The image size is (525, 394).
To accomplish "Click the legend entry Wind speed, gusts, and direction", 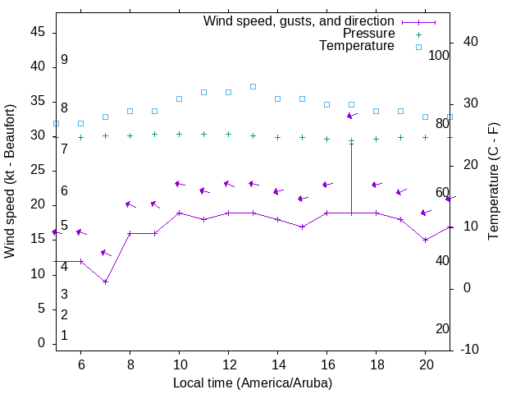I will tap(299, 21).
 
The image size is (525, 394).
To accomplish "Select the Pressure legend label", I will tap(369, 34).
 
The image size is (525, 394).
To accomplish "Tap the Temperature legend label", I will tap(357, 46).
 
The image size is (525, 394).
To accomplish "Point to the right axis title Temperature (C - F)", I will tap(493, 181).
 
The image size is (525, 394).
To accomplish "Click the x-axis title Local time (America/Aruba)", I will tap(253, 383).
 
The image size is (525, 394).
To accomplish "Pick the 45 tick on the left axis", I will tap(37, 31).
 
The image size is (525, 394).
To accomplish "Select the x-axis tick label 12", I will tap(228, 364).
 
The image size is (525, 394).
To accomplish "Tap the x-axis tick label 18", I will tap(376, 364).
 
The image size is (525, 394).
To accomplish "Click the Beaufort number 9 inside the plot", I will tap(64, 60).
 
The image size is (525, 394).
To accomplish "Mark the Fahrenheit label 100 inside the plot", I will tap(439, 55).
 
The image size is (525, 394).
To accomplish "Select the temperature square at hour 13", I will tap(253, 86).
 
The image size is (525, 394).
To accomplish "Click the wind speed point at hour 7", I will tap(105, 282).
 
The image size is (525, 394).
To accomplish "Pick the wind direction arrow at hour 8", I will tap(130, 204).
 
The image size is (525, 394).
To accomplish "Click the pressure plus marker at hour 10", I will tap(179, 134).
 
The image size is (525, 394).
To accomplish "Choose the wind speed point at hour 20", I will tap(425, 240).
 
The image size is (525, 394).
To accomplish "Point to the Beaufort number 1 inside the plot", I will tap(64, 335).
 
